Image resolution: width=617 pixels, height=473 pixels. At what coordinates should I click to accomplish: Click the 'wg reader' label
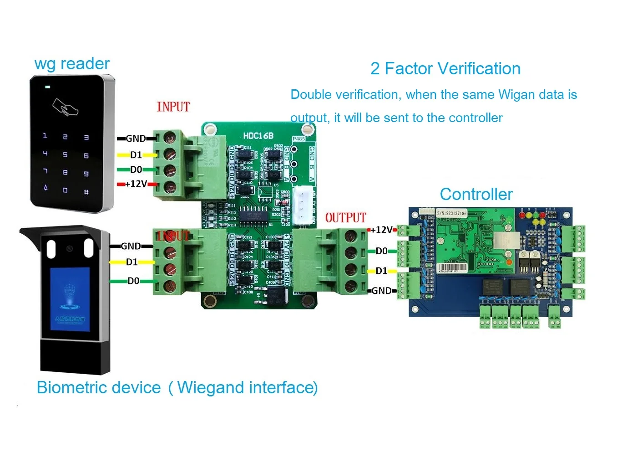(72, 64)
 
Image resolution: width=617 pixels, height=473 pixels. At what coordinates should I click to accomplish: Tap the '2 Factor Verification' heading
(445, 69)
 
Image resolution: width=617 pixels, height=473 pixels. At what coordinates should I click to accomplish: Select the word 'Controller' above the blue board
(476, 195)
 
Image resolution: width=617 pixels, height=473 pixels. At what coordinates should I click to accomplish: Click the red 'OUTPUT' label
(345, 218)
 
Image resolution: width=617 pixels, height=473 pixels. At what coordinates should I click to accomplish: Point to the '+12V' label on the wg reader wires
(136, 184)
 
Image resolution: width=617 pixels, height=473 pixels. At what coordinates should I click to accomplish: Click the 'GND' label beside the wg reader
(136, 139)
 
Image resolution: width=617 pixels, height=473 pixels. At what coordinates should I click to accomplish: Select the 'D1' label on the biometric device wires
(131, 262)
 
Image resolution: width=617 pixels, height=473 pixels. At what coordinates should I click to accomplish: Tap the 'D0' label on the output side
(381, 251)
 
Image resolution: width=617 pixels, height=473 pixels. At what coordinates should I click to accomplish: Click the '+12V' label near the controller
(381, 230)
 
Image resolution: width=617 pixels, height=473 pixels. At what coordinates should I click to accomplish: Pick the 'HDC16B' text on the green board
(258, 136)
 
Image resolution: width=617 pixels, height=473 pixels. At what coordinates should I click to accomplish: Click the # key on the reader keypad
(86, 192)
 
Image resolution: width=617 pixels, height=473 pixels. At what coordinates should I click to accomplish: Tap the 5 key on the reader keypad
(65, 155)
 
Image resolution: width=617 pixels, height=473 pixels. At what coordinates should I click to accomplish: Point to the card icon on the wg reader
(65, 108)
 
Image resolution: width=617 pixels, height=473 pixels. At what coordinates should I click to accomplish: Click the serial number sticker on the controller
(451, 213)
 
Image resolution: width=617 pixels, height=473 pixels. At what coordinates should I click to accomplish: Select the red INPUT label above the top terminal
(173, 107)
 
